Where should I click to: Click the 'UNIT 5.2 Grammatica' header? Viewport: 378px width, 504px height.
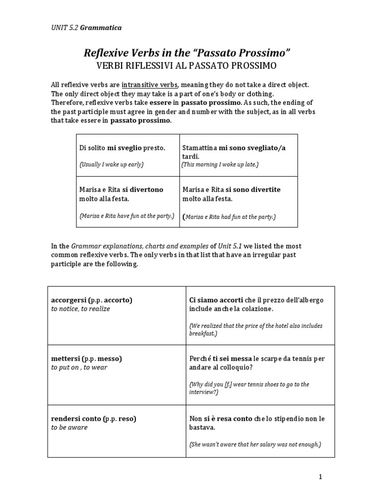(x=86, y=28)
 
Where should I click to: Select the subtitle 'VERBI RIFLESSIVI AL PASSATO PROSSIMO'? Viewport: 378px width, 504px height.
(x=189, y=65)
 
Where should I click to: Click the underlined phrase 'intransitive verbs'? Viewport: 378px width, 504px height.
(x=152, y=85)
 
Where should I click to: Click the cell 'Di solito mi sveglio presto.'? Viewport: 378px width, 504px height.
(x=122, y=148)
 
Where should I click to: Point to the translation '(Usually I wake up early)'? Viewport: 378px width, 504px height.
(x=111, y=164)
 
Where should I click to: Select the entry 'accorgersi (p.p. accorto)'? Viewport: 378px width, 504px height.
(x=92, y=300)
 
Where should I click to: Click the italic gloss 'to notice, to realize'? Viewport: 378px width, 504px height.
(x=81, y=309)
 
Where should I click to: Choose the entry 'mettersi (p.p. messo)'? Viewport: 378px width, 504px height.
(x=86, y=358)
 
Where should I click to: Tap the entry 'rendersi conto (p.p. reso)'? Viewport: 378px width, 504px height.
(x=94, y=418)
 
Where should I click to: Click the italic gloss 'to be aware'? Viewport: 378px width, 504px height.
(x=69, y=427)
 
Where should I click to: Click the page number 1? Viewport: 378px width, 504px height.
(x=319, y=477)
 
